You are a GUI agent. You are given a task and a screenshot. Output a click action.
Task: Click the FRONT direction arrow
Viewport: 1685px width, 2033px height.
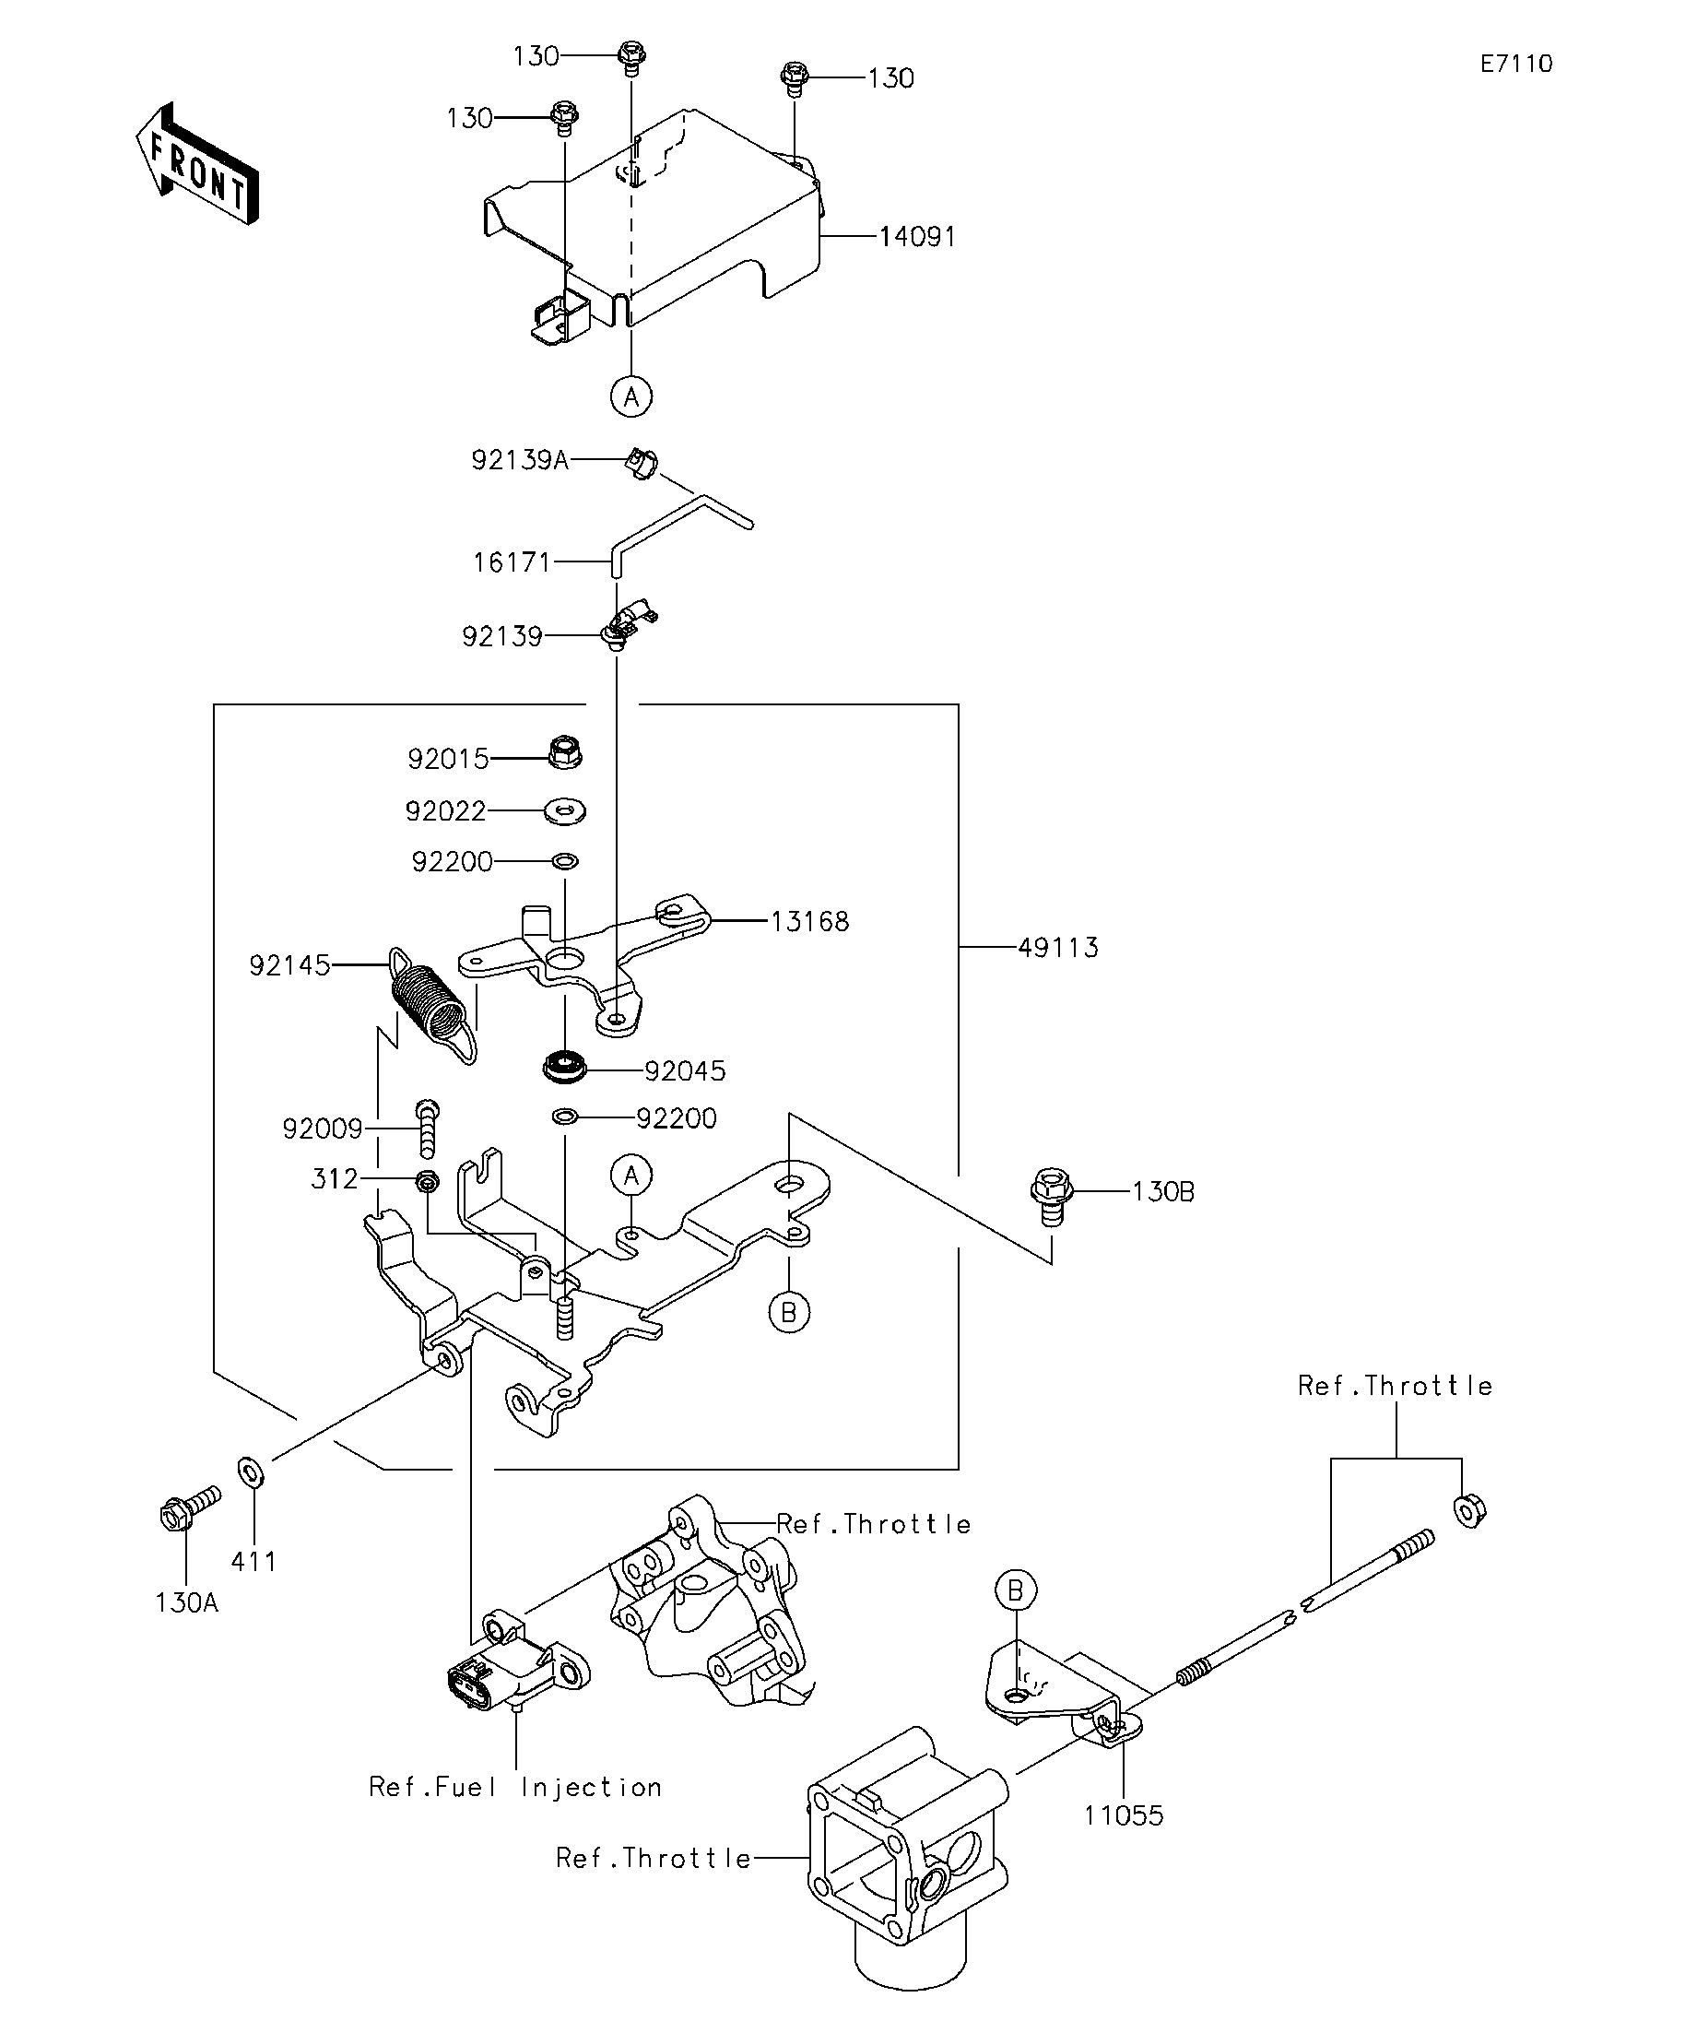(x=196, y=164)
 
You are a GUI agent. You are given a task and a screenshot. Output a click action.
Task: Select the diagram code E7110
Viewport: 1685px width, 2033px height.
(x=1515, y=64)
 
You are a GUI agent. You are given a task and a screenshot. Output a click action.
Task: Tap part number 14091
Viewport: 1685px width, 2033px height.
(x=917, y=236)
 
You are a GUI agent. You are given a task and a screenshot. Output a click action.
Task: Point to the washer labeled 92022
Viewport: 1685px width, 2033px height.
(x=566, y=810)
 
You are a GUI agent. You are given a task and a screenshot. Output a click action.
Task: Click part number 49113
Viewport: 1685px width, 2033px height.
(x=1059, y=948)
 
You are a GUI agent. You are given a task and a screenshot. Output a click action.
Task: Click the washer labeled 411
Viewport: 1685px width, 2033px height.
(x=252, y=1473)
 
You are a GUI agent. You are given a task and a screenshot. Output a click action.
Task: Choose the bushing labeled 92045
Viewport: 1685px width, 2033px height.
(x=565, y=1067)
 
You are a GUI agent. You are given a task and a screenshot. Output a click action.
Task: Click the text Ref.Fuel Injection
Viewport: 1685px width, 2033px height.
(x=516, y=1787)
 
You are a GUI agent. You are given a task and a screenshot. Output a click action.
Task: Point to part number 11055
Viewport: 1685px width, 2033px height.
(x=1124, y=1815)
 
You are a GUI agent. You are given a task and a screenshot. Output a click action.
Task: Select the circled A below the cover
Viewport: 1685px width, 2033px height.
(x=632, y=396)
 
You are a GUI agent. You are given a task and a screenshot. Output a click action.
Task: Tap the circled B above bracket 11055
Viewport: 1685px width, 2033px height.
(x=1015, y=1590)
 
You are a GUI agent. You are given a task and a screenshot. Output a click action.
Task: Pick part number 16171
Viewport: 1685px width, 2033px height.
(x=511, y=562)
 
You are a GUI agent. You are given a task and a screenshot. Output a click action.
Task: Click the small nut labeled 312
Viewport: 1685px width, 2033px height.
(x=427, y=1182)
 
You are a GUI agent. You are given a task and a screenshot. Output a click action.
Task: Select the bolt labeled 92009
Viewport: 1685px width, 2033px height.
(x=428, y=1128)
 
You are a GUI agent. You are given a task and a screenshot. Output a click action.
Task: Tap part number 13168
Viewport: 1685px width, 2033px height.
(x=810, y=921)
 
